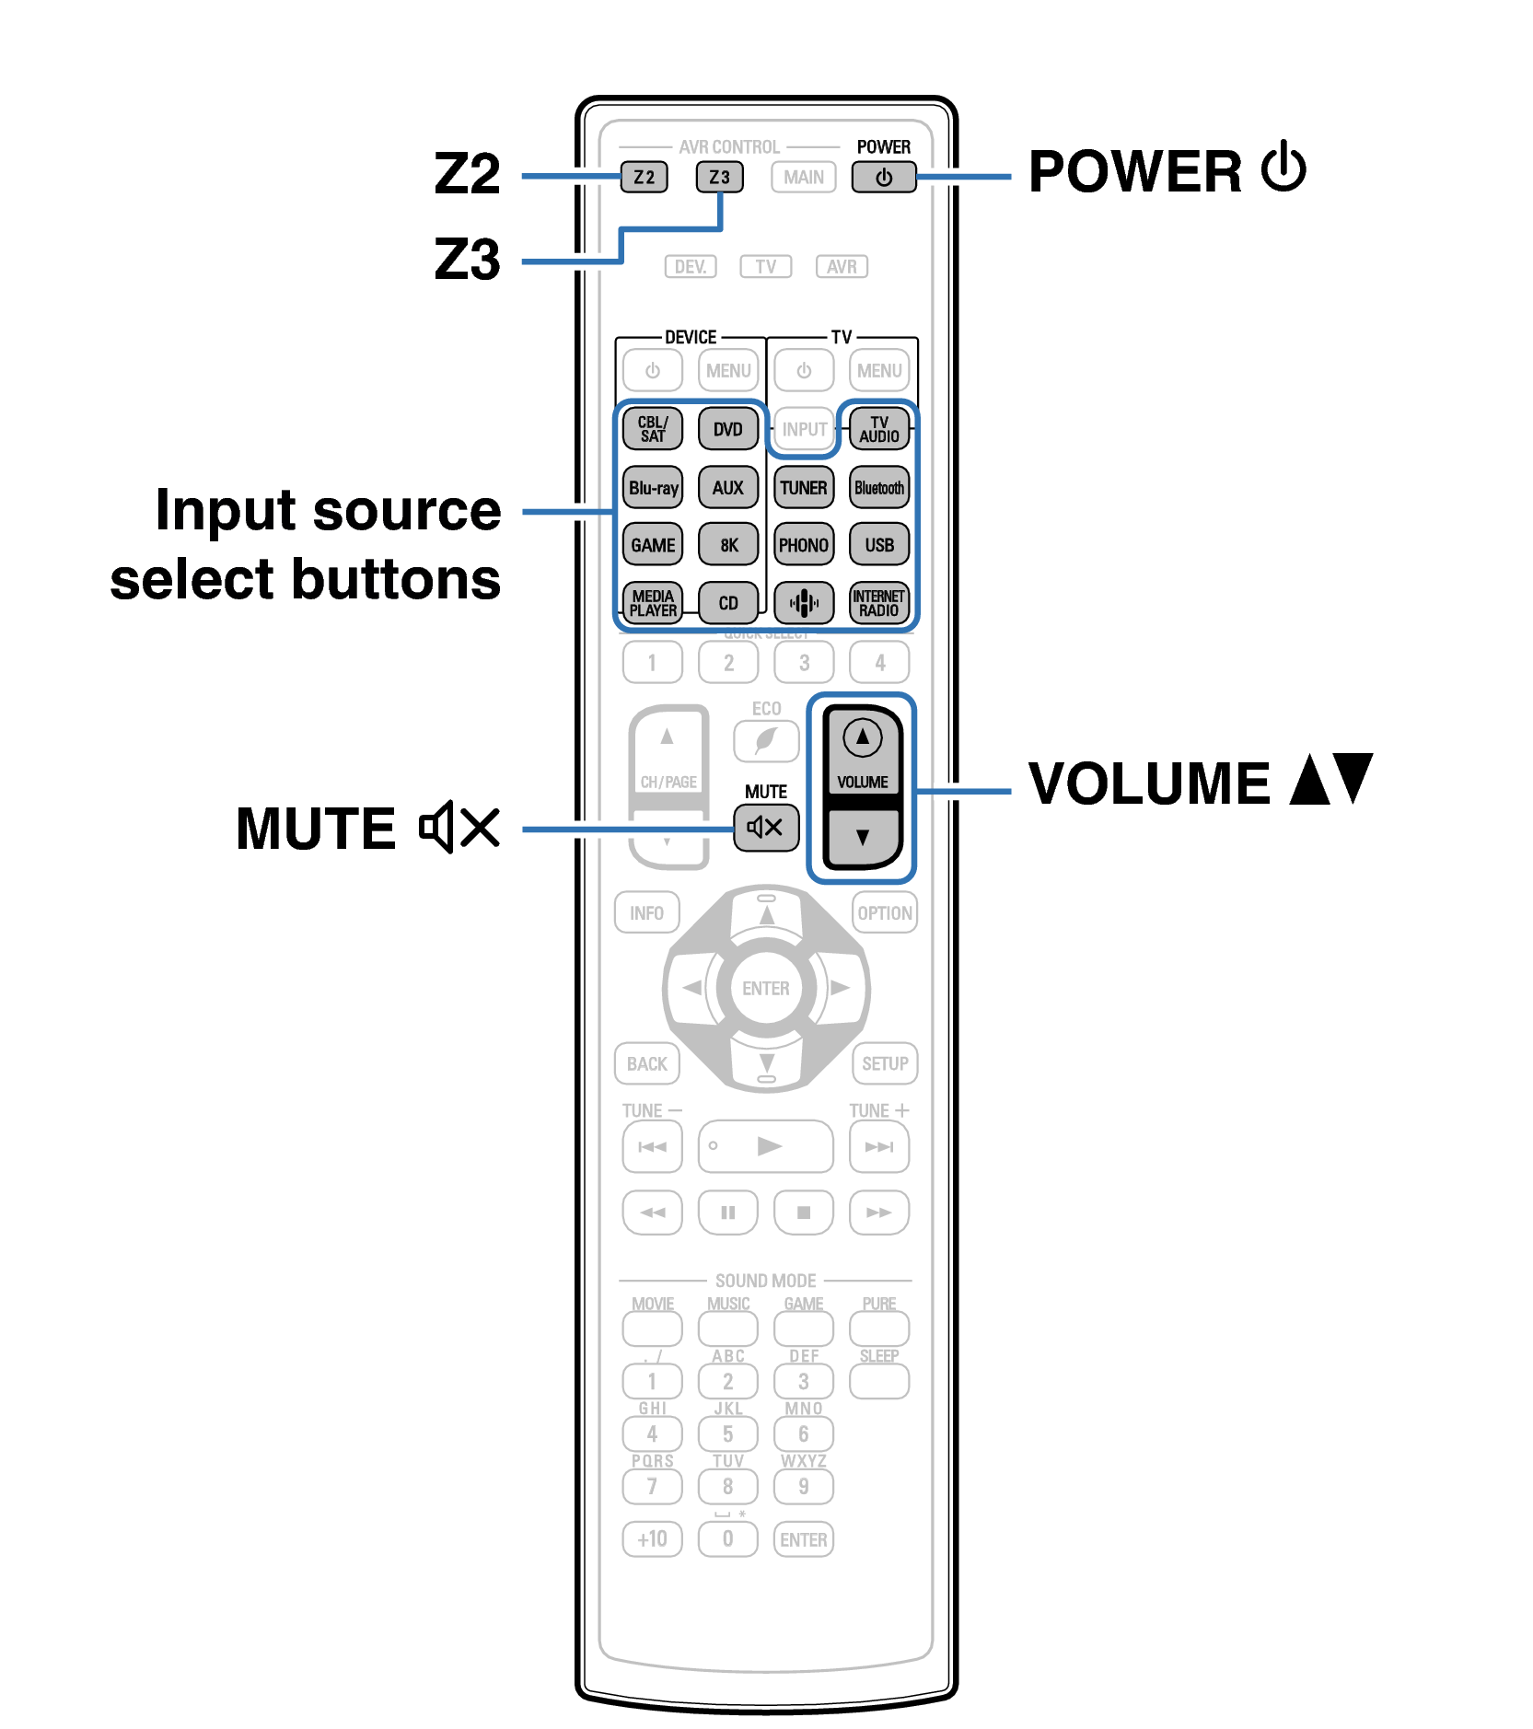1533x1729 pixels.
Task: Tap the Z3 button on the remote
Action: pyautogui.click(x=719, y=177)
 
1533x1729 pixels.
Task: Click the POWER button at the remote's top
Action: pyautogui.click(x=883, y=177)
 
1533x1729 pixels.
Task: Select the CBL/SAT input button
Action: pyautogui.click(x=653, y=429)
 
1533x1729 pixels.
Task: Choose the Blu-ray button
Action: pyautogui.click(x=653, y=488)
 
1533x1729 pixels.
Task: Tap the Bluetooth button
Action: pyautogui.click(x=879, y=488)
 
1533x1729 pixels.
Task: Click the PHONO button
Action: pyautogui.click(x=804, y=545)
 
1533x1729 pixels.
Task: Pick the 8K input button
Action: pyautogui.click(x=728, y=545)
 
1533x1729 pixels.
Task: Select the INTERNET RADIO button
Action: pyautogui.click(x=879, y=603)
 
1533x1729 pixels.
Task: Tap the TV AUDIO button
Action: pyautogui.click(x=879, y=429)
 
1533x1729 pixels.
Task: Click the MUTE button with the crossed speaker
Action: pyautogui.click(x=765, y=827)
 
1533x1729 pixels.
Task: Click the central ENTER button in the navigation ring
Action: pyautogui.click(x=766, y=988)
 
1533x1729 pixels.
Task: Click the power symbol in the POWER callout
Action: pyautogui.click(x=1283, y=168)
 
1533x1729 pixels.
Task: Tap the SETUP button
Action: pyautogui.click(x=885, y=1063)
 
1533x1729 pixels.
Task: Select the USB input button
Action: pyautogui.click(x=879, y=545)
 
